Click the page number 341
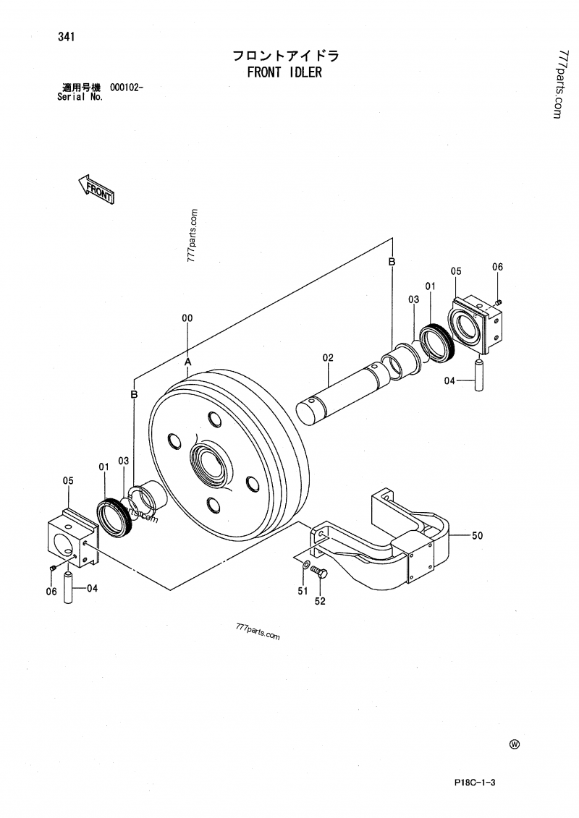(69, 37)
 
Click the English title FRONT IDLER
(284, 72)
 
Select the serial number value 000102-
(127, 88)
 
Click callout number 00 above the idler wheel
(187, 318)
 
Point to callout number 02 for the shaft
(327, 357)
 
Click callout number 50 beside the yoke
(477, 535)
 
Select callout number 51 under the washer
(303, 591)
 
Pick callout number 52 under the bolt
(320, 600)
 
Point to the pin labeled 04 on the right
(478, 375)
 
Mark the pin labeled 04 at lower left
(68, 587)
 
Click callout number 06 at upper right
(497, 267)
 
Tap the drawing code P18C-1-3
(478, 783)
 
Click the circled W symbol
(515, 745)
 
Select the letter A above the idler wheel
(187, 360)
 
